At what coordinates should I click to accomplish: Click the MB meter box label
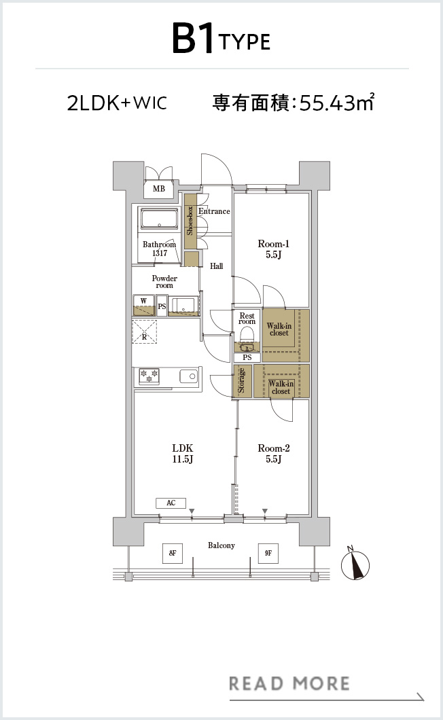click(159, 188)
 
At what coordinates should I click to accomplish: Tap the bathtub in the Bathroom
click(159, 219)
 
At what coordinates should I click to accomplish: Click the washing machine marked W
click(144, 306)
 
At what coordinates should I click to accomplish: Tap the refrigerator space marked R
click(144, 331)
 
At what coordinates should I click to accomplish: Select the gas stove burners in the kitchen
click(149, 376)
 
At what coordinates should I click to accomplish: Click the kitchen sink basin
click(189, 376)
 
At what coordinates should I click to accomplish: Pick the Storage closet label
click(241, 381)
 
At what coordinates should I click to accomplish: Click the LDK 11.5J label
click(183, 453)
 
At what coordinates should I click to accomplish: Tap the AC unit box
click(171, 503)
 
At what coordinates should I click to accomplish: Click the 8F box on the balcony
click(173, 553)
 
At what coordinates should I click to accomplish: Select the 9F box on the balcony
click(268, 553)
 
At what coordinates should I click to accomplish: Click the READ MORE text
click(289, 684)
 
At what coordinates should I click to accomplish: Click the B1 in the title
click(193, 39)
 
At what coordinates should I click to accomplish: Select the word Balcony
click(221, 545)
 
